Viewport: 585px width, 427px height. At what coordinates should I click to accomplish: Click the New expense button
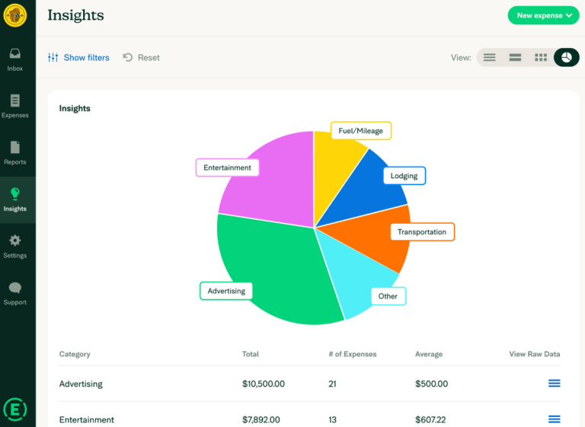(x=543, y=15)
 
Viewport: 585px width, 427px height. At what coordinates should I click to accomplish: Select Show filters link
(x=78, y=58)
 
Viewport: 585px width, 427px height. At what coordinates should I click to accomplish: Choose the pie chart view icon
(x=566, y=57)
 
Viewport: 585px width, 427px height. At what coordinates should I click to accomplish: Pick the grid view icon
(x=541, y=57)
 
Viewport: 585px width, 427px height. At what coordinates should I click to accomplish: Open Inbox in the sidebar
(x=15, y=59)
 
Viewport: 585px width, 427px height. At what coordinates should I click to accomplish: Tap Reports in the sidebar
(x=15, y=152)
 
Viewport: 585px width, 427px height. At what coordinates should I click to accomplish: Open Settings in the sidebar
(x=15, y=246)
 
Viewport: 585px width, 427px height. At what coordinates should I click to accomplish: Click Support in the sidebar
(x=15, y=293)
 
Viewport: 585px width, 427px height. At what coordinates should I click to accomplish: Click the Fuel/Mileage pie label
(x=361, y=131)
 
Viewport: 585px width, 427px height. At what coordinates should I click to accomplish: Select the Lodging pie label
(x=404, y=176)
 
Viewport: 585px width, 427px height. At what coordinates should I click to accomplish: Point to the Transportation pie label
(x=422, y=231)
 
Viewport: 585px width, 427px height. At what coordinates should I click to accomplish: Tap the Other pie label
(x=388, y=296)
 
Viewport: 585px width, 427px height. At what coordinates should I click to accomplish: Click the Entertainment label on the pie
(x=227, y=167)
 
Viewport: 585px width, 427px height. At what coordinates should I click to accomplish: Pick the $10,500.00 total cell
(x=264, y=384)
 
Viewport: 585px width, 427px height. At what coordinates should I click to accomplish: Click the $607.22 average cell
(x=431, y=419)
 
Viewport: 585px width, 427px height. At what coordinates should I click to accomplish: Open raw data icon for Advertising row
(x=555, y=384)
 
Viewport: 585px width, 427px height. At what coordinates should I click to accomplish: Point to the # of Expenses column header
(x=352, y=354)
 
